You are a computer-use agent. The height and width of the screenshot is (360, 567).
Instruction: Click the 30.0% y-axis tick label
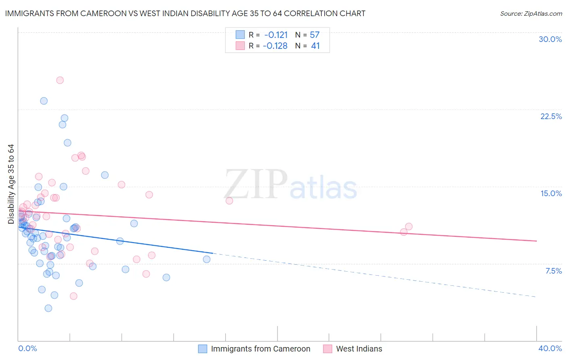click(x=550, y=39)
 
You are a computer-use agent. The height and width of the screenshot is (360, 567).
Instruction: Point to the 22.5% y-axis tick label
click(x=551, y=116)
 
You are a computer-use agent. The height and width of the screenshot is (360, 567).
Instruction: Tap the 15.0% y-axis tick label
click(x=551, y=193)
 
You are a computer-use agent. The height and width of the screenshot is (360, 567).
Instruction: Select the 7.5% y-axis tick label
click(x=553, y=271)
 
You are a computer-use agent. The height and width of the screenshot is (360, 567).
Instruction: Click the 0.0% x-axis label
click(x=28, y=348)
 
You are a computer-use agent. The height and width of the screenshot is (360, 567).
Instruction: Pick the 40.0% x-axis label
click(x=550, y=348)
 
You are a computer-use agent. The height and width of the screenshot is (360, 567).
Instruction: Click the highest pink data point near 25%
click(x=60, y=80)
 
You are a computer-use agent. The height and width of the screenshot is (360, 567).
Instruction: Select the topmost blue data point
click(x=44, y=101)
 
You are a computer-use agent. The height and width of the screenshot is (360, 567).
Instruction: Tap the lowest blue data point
click(x=48, y=308)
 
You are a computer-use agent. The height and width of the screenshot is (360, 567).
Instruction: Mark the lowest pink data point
click(x=73, y=296)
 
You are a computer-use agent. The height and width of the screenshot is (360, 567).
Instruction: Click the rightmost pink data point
click(x=409, y=226)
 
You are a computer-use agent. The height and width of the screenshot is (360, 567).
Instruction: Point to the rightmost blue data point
click(x=206, y=259)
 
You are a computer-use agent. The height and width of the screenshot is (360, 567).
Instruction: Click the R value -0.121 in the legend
click(x=276, y=35)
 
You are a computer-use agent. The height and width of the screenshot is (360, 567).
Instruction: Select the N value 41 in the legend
click(x=315, y=46)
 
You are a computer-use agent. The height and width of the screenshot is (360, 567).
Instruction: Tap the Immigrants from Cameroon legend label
click(x=261, y=349)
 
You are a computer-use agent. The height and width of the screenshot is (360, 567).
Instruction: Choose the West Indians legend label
click(x=359, y=349)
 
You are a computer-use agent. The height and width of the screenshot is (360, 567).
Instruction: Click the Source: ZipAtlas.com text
click(x=531, y=14)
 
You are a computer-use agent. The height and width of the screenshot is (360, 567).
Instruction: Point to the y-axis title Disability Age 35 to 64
click(x=11, y=184)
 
